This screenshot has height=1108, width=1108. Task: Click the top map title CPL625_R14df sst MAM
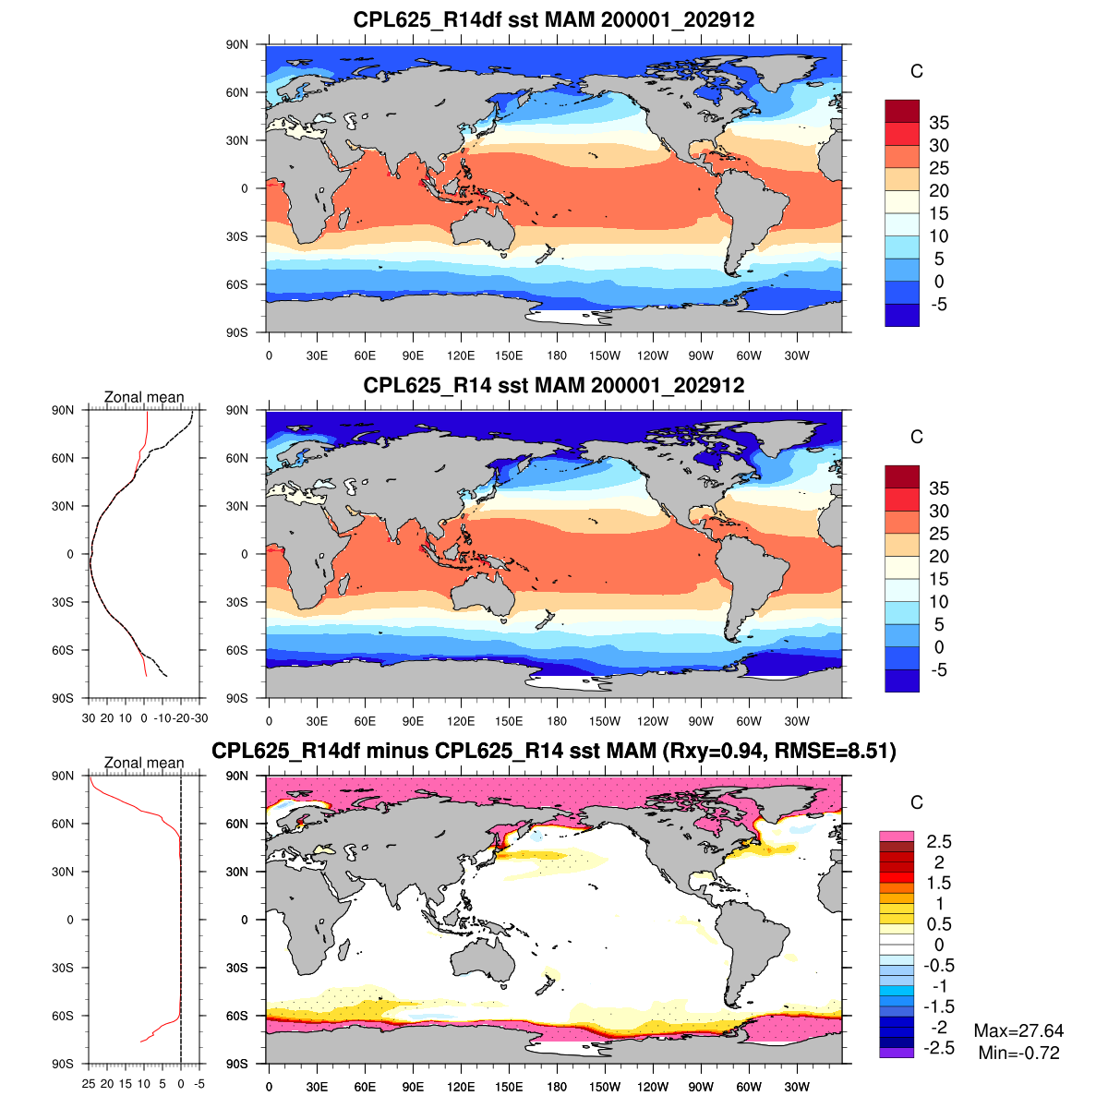[554, 19]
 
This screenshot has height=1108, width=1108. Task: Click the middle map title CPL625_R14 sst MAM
[554, 385]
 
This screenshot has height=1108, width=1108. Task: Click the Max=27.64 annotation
[1018, 1030]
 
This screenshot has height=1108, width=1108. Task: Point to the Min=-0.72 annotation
[1018, 1053]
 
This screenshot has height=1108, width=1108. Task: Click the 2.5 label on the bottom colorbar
[940, 841]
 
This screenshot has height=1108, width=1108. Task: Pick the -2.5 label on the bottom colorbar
[939, 1047]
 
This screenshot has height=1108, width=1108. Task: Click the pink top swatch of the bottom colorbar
[896, 836]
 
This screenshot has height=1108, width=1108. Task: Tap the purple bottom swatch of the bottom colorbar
[896, 1053]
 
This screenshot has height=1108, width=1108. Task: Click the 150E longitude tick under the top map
[509, 355]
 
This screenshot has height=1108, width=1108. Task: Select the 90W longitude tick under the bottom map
[701, 1087]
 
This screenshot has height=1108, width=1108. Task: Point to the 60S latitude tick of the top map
[238, 284]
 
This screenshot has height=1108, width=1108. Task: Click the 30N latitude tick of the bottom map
[238, 872]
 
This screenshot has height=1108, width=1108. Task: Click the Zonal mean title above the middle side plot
[144, 397]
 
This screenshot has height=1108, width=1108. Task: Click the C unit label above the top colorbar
[916, 72]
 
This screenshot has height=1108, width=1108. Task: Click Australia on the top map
[483, 226]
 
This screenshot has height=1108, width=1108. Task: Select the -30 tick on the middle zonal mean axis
[199, 718]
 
